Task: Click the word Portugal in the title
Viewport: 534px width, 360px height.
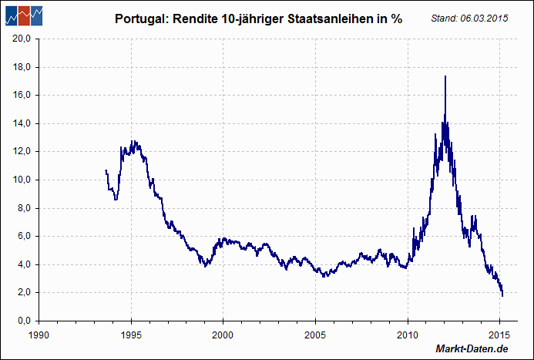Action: point(138,19)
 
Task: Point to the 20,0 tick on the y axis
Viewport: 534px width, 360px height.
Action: point(20,39)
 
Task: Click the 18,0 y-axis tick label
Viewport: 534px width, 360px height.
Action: point(20,67)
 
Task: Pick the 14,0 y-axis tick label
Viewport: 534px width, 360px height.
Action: point(20,123)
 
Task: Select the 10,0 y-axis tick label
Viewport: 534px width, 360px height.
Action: point(20,180)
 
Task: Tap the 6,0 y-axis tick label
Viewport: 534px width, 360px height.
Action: point(22,236)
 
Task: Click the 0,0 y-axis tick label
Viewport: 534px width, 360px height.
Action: point(22,321)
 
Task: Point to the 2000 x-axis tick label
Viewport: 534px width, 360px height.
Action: point(223,337)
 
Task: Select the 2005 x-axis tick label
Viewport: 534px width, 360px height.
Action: point(315,337)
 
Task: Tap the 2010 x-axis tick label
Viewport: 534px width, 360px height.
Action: point(408,337)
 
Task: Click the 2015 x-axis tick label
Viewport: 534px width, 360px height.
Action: point(499,337)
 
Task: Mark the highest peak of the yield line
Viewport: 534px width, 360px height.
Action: point(445,76)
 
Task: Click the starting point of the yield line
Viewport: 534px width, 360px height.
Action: point(106,170)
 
